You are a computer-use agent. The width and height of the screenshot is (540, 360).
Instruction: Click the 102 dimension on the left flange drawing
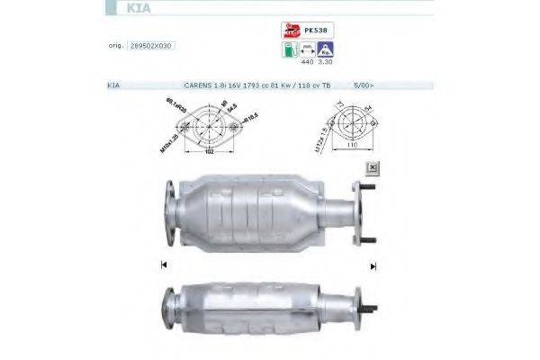click(210, 153)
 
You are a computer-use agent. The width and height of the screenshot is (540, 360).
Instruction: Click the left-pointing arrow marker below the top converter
click(164, 265)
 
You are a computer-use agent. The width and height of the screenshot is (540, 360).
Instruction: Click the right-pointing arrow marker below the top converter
click(373, 265)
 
